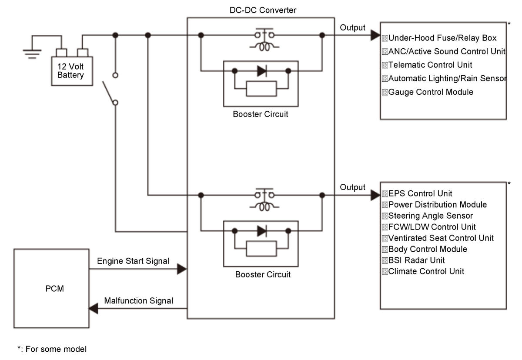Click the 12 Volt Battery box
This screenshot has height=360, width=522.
(x=72, y=71)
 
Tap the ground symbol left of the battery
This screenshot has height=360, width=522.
(x=32, y=54)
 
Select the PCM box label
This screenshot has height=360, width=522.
(x=54, y=289)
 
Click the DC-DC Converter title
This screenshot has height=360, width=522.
(x=263, y=10)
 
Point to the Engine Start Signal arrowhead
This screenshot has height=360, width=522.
(x=182, y=269)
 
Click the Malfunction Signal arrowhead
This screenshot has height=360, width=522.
(x=94, y=309)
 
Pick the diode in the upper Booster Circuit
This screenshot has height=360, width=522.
(x=262, y=71)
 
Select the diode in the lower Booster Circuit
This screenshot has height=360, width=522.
(x=262, y=231)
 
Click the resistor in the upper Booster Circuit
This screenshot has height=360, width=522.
(x=261, y=89)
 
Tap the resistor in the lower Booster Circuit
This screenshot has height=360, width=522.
(x=261, y=249)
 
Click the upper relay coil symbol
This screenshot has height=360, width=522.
(x=264, y=47)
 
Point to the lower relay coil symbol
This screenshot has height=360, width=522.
(x=264, y=207)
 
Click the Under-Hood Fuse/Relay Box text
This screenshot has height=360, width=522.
(x=442, y=38)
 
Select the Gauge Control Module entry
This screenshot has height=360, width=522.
(x=431, y=92)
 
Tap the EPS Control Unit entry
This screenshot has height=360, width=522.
(x=420, y=193)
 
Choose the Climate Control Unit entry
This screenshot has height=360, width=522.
(x=426, y=271)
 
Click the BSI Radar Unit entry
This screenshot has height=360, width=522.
(x=416, y=260)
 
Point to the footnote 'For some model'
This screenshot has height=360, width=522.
(x=56, y=349)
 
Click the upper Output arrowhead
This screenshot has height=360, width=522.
(x=375, y=35)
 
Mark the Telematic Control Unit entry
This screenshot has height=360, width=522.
(x=430, y=65)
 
